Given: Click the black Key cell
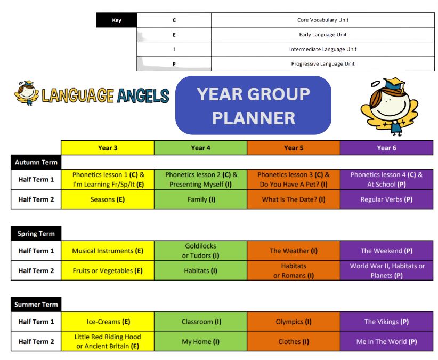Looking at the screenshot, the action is point(117,20).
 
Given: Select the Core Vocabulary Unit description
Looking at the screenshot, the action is point(322,20).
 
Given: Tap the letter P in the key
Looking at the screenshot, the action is point(174,64).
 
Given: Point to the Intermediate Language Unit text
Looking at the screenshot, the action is point(322,49).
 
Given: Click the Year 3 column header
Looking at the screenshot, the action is point(108,148).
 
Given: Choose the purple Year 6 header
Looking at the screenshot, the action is point(387,148).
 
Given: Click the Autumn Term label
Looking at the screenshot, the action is point(36,162).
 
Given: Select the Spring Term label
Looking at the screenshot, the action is point(36,234).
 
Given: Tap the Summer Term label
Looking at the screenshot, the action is point(36,305).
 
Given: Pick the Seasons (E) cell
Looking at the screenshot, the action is point(108,199).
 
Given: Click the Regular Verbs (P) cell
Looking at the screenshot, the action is point(387,199).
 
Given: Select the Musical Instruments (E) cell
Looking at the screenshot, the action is point(108,251).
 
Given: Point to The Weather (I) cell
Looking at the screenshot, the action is point(294,251).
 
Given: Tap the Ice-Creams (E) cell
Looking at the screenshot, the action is point(108,322).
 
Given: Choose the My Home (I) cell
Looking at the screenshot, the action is point(200,341).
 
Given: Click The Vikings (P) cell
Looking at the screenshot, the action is point(387,322).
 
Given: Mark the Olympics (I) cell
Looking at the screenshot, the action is point(294,322).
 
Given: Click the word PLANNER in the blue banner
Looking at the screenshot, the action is point(254,118).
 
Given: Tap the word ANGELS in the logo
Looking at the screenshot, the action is point(143,95).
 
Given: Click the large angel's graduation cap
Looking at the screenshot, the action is point(394,84).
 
